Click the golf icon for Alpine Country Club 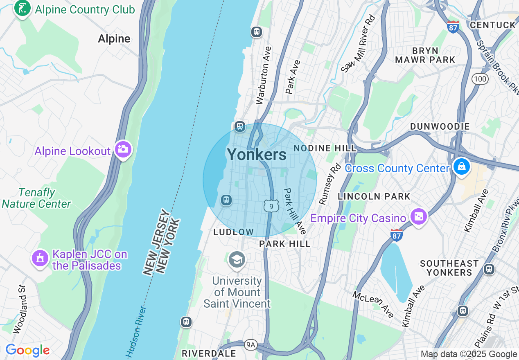(x=22, y=9)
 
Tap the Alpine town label (x=114, y=39)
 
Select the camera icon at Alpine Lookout (x=123, y=150)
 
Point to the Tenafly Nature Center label (x=36, y=198)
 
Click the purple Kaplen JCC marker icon (x=40, y=259)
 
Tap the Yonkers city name (x=257, y=155)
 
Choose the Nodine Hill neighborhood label (x=325, y=148)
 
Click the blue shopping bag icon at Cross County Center (x=461, y=167)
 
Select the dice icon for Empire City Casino (x=418, y=216)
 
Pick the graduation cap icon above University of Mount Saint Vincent (x=237, y=260)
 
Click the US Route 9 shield (x=271, y=206)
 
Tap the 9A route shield (x=250, y=345)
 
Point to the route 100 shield (x=480, y=79)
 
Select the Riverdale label (x=209, y=353)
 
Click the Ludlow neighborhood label (x=234, y=232)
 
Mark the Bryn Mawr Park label (x=425, y=55)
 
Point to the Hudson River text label (x=136, y=331)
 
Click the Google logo (x=27, y=351)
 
